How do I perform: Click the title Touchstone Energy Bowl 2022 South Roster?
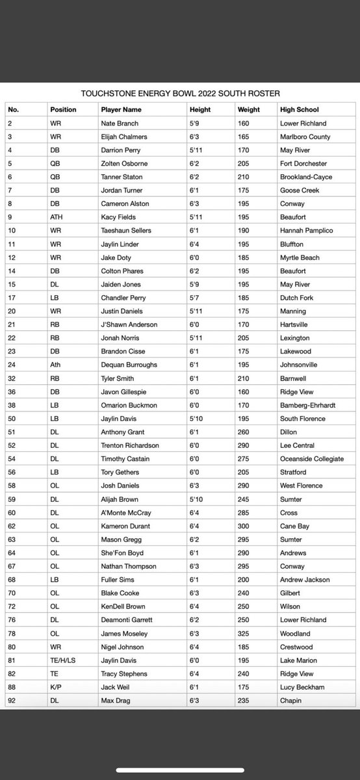pyautogui.click(x=181, y=94)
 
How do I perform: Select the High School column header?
pyautogui.click(x=299, y=110)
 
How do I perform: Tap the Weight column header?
pyautogui.click(x=250, y=110)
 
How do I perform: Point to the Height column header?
pyautogui.click(x=199, y=110)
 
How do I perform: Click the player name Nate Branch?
pyautogui.click(x=120, y=123)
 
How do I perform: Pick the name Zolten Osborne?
pyautogui.click(x=124, y=164)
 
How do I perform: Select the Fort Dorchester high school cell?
pyautogui.click(x=303, y=164)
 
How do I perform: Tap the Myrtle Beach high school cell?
pyautogui.click(x=300, y=257)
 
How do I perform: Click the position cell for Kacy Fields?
pyautogui.click(x=57, y=217)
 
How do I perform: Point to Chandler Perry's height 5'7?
pyautogui.click(x=195, y=298)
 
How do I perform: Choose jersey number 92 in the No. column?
pyautogui.click(x=12, y=701)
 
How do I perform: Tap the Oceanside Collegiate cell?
pyautogui.click(x=312, y=459)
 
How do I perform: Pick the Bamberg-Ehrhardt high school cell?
pyautogui.click(x=309, y=405)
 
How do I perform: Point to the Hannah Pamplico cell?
pyautogui.click(x=305, y=231)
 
